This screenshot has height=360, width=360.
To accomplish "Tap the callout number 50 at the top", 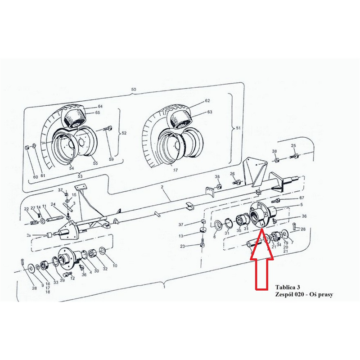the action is pyautogui.click(x=133, y=89).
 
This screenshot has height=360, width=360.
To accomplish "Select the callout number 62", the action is pyautogui.click(x=207, y=100).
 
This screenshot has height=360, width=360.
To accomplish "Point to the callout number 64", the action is pyautogui.click(x=100, y=106).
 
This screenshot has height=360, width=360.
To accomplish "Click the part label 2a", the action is pyautogui.click(x=29, y=235).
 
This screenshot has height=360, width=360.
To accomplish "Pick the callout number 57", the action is pyautogui.click(x=175, y=170).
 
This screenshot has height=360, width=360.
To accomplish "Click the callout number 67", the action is pyautogui.click(x=301, y=198).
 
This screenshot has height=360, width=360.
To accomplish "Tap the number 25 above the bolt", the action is pyautogui.click(x=293, y=145).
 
